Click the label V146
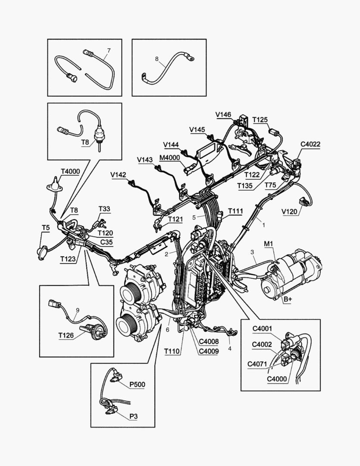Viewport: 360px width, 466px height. coord(223,114)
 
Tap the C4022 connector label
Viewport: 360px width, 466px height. coord(310,145)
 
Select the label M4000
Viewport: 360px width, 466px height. coord(169,157)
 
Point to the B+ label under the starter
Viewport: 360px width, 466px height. coord(287,299)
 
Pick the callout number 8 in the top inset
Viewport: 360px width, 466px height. coord(157,59)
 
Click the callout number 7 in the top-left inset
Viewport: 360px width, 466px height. coord(109,50)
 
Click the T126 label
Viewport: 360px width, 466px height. coord(66,334)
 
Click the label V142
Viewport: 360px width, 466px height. coord(118,175)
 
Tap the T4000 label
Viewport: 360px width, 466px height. coord(70,171)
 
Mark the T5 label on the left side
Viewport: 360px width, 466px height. coord(45,227)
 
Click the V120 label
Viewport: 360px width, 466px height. coord(290,212)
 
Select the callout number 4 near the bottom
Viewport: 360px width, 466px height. coord(229,348)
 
